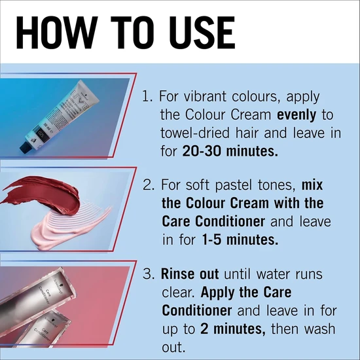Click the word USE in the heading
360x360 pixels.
202,32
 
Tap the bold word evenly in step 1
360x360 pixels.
297,115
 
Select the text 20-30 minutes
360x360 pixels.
230,151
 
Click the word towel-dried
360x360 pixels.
195,133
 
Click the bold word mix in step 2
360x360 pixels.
312,185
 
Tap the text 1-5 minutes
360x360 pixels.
240,240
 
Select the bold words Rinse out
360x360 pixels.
190,274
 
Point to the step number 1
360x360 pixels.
147,96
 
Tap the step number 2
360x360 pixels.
149,185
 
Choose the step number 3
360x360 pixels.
148,274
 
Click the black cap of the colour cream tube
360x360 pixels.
26,147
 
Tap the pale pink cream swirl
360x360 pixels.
69,226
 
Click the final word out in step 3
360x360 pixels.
173,348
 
